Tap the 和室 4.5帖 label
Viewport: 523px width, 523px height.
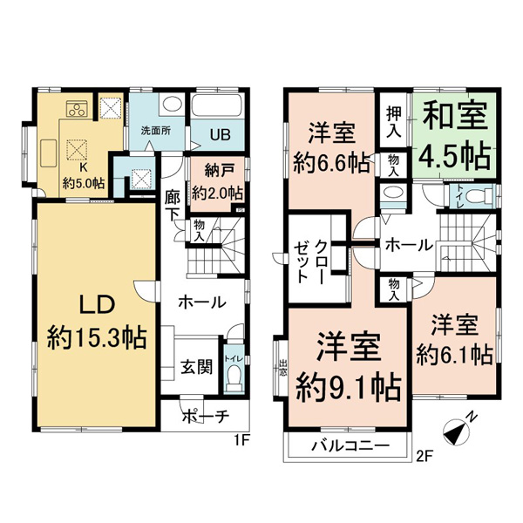click(x=454, y=138)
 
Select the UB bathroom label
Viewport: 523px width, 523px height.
click(x=217, y=134)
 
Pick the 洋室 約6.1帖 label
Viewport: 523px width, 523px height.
click(x=453, y=341)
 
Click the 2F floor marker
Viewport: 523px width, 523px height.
click(x=425, y=454)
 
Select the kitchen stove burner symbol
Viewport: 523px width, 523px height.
click(x=76, y=109)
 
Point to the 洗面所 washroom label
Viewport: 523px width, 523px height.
click(x=155, y=131)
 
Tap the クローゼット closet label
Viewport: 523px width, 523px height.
click(x=309, y=260)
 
